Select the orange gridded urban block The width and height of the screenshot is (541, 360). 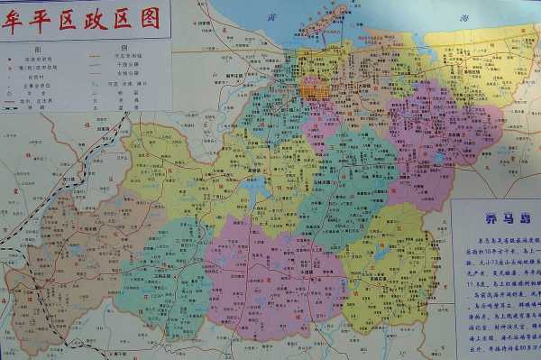coord(314,88)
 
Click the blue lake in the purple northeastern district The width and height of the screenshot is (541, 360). coord(438,156)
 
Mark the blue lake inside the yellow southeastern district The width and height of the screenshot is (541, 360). coord(381,255)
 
